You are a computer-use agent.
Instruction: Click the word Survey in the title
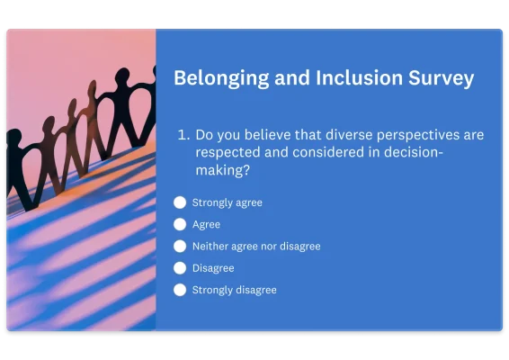click(x=440, y=78)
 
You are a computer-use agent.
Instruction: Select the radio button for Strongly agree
click(x=180, y=202)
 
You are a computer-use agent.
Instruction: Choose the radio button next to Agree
click(x=180, y=224)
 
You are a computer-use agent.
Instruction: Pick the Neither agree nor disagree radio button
click(x=180, y=246)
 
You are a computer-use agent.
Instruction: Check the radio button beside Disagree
click(x=180, y=268)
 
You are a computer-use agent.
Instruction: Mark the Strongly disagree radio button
click(x=180, y=290)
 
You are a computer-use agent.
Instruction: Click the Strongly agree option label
click(x=228, y=202)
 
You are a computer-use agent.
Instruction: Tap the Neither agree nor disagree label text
click(x=256, y=246)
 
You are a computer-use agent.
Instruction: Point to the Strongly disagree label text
click(x=235, y=290)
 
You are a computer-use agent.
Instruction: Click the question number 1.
click(x=183, y=135)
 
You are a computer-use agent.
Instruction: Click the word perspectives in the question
click(x=410, y=135)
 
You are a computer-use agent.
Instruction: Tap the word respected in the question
click(x=229, y=152)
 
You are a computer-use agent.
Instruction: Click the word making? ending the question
click(x=222, y=169)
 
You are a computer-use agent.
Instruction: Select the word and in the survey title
click(x=297, y=78)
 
